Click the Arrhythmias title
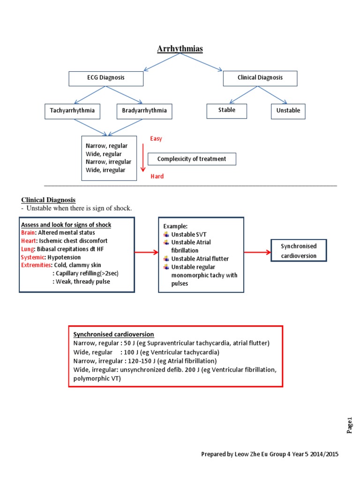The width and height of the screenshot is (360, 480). [x=180, y=49]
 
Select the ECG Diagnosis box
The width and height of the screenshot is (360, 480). [x=106, y=78]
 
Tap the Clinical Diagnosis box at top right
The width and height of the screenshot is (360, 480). [x=260, y=78]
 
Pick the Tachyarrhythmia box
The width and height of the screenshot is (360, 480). [x=72, y=111]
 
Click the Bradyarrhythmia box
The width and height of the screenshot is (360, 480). [x=144, y=111]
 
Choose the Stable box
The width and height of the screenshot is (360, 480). [x=227, y=111]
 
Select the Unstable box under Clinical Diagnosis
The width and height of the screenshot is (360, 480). [x=288, y=111]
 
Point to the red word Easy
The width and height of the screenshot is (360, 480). [x=156, y=139]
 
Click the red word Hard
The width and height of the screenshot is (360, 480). [x=157, y=177]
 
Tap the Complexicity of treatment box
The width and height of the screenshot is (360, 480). [x=192, y=159]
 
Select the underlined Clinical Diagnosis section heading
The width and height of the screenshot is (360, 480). [x=48, y=200]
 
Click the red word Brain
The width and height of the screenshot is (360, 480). [x=28, y=232]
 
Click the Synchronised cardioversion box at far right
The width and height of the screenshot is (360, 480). [x=299, y=251]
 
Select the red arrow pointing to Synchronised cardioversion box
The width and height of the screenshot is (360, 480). [x=257, y=252]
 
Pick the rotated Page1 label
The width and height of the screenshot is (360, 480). [x=349, y=425]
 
